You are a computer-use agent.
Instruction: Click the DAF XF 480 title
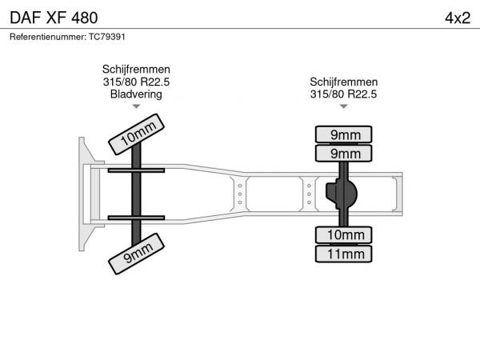[x=54, y=18]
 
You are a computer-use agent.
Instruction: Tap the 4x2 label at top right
[x=458, y=18]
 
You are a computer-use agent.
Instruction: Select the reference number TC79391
[x=107, y=37]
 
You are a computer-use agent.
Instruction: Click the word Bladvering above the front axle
[x=136, y=94]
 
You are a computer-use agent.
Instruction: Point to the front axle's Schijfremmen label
[x=136, y=70]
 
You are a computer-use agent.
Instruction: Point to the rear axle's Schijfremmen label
[x=344, y=82]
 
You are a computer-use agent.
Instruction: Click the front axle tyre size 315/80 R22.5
[x=136, y=82]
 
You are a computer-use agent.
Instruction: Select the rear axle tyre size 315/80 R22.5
[x=343, y=94]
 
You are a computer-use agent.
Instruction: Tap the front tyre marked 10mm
[x=137, y=134]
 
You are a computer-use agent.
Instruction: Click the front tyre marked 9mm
[x=137, y=254]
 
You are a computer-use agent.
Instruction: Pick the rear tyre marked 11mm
[x=344, y=254]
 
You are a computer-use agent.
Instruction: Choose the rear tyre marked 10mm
[x=344, y=235]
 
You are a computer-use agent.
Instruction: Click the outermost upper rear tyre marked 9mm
[x=344, y=134]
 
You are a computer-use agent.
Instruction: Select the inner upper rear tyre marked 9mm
[x=344, y=154]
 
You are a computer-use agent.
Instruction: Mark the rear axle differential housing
[x=342, y=194]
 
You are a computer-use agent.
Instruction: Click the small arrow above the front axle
[x=136, y=106]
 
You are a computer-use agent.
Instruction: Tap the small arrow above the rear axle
[x=344, y=106]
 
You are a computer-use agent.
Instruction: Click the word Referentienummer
[x=48, y=37]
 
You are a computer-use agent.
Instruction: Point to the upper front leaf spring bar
[x=136, y=170]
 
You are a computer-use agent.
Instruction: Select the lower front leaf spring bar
[x=136, y=218]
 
